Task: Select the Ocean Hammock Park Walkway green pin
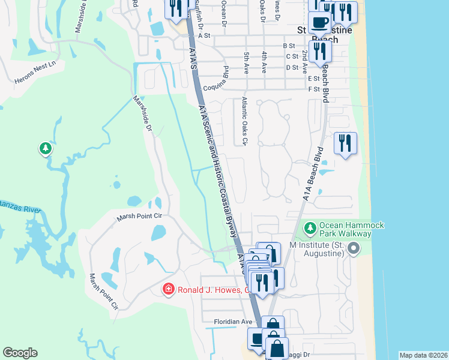tap(310, 227)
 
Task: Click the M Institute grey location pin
tap(354, 248)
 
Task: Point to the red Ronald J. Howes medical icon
tap(169, 290)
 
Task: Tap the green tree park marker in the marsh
tap(45, 148)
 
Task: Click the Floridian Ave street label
tap(234, 322)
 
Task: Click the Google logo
tap(20, 353)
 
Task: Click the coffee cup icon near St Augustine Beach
tap(319, 22)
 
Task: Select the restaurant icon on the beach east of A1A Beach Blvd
tap(345, 143)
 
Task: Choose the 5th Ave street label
tap(246, 63)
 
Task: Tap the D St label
tap(292, 67)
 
